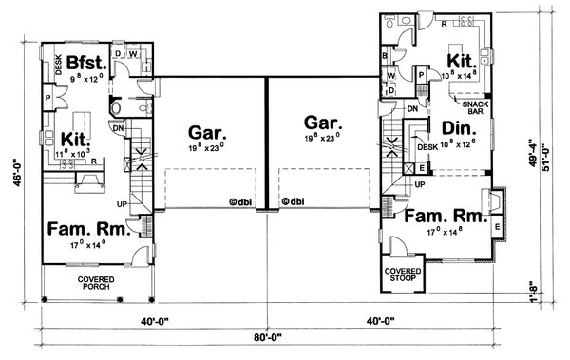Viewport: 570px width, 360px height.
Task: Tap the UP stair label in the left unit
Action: (121, 203)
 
